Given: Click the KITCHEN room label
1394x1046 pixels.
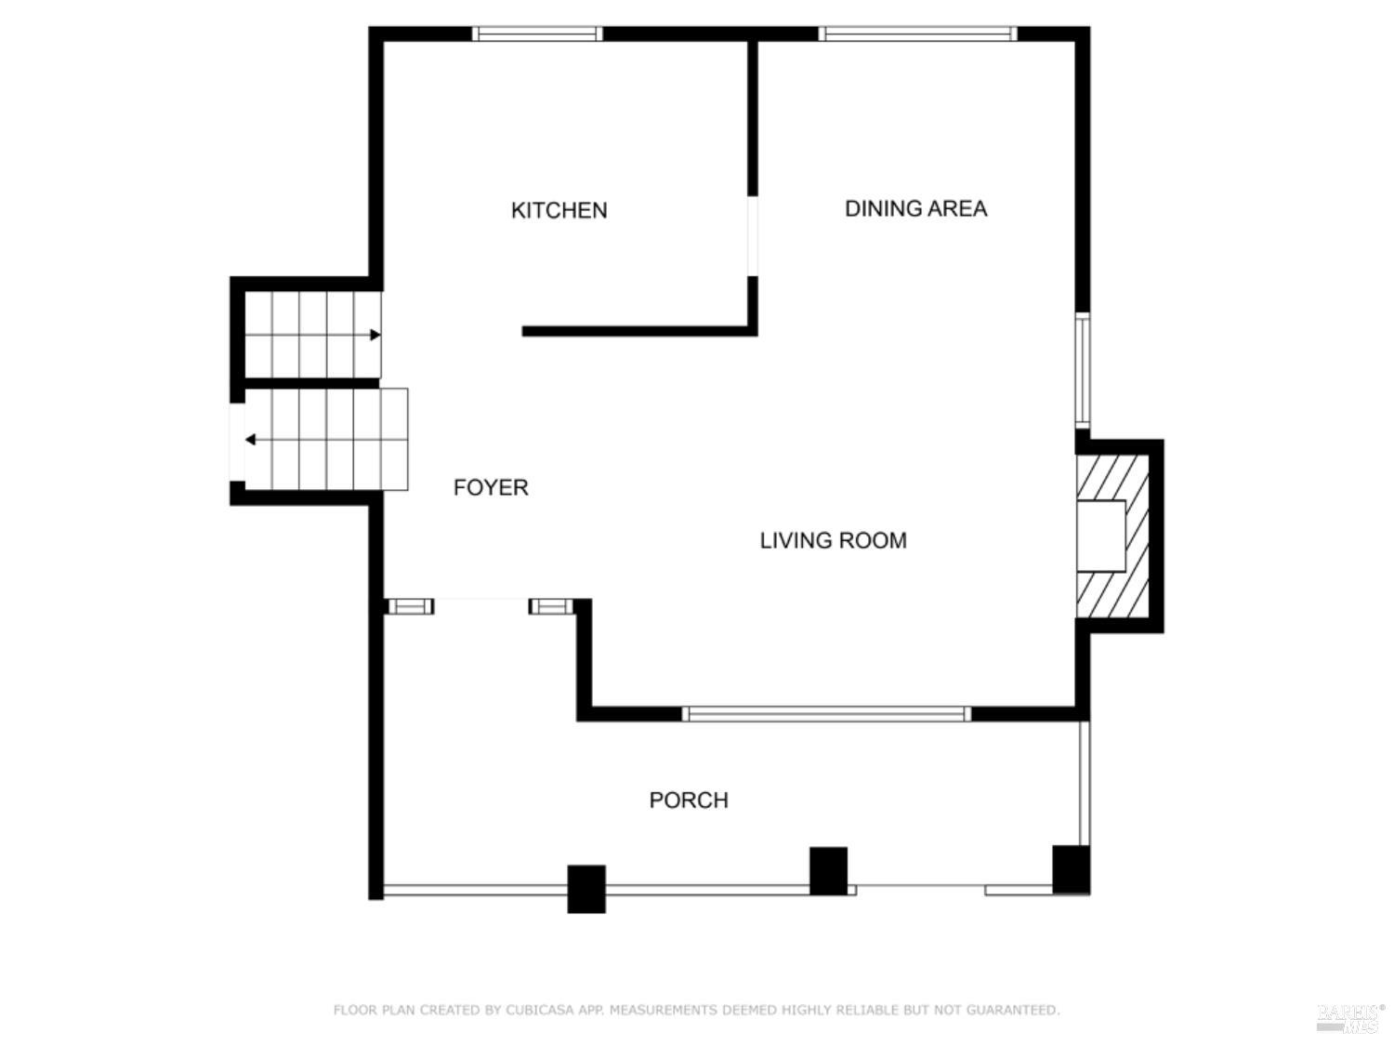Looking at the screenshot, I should (559, 210).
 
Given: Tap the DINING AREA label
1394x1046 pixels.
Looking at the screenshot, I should (915, 208).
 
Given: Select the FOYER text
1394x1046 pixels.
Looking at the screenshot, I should (491, 487).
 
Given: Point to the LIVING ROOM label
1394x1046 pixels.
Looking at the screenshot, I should (833, 540).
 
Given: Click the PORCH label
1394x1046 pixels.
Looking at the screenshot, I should (688, 800).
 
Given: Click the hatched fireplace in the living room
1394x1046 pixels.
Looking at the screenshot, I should (1111, 536).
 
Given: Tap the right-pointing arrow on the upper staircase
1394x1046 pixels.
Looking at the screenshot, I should (375, 335).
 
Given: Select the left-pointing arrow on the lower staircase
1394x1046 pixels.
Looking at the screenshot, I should (250, 439).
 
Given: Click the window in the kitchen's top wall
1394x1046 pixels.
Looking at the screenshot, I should (536, 34).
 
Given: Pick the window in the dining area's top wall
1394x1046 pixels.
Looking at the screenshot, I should (917, 34).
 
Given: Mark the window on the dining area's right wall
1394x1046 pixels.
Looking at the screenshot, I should (1083, 370).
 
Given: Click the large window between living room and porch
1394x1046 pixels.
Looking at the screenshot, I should (826, 714).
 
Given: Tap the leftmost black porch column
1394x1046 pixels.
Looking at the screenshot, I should (586, 889).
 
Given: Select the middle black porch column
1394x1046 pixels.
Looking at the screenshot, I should (828, 870).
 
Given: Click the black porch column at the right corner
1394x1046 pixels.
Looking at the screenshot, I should (1071, 868).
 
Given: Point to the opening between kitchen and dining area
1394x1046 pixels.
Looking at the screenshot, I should (752, 236).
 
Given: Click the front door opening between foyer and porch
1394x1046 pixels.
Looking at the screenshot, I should (481, 606).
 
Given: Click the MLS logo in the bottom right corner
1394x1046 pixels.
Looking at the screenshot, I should (1349, 1018).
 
